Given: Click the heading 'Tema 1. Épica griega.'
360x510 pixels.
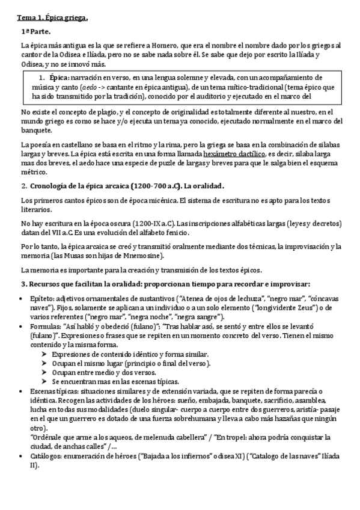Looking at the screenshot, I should tap(52, 18).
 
